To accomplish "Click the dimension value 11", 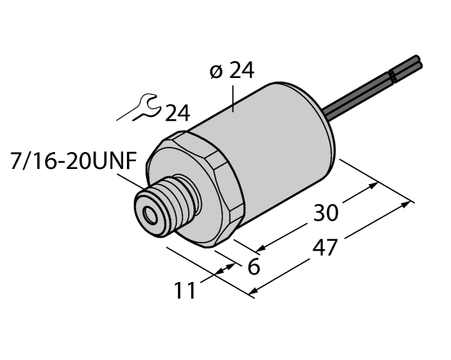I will (185, 291).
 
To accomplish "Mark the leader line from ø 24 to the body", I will (233, 96).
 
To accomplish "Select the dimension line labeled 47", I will (333, 247).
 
